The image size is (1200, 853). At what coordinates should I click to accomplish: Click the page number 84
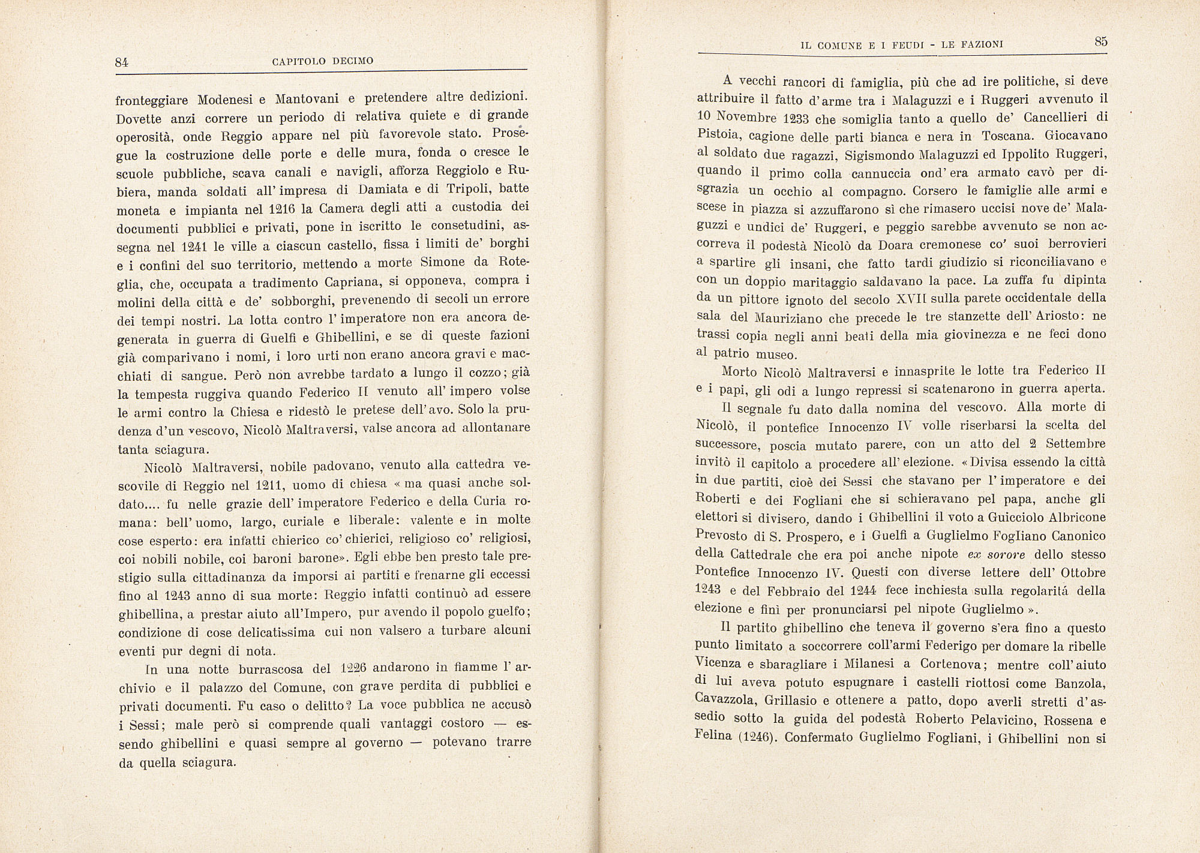point(122,62)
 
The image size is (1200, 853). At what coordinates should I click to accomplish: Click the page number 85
point(1100,41)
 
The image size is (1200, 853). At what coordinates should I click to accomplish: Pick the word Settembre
point(1075,444)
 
